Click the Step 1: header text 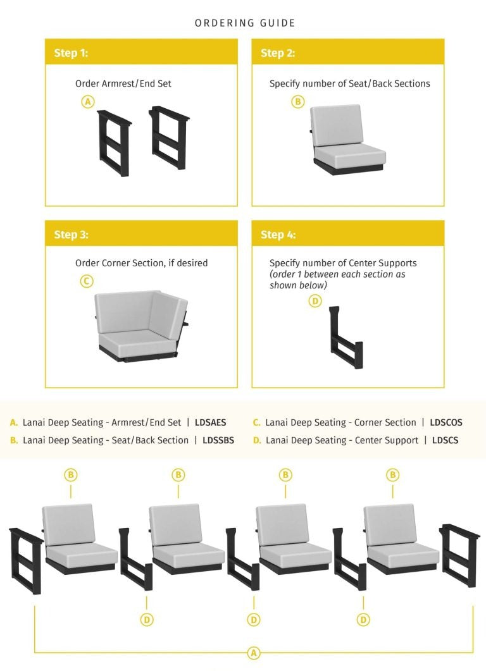tap(71, 53)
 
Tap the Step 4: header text tap(278, 235)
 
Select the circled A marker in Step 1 tap(88, 101)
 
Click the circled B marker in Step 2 tap(297, 101)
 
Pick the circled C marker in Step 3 tap(87, 281)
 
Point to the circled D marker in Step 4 tap(315, 301)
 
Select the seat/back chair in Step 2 tap(347, 140)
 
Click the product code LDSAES tap(211, 422)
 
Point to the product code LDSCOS tap(446, 422)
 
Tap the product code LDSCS tap(445, 440)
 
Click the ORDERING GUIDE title tap(245, 23)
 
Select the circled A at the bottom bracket tap(253, 653)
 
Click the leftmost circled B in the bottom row tap(71, 474)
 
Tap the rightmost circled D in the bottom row tap(363, 620)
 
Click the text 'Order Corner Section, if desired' tap(141, 263)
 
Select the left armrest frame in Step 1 tap(114, 142)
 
